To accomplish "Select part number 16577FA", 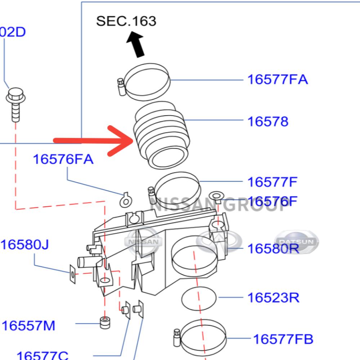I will click(x=277, y=79).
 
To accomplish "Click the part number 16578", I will click(x=267, y=122).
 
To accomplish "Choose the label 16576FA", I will click(x=63, y=159).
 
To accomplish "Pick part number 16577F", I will click(x=272, y=182).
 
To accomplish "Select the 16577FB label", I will click(x=283, y=339).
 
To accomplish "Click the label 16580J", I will click(x=24, y=245).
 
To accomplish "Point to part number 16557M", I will click(x=28, y=326).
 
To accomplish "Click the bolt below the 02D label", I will click(x=15, y=104).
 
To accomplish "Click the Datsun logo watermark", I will click(x=297, y=242).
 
